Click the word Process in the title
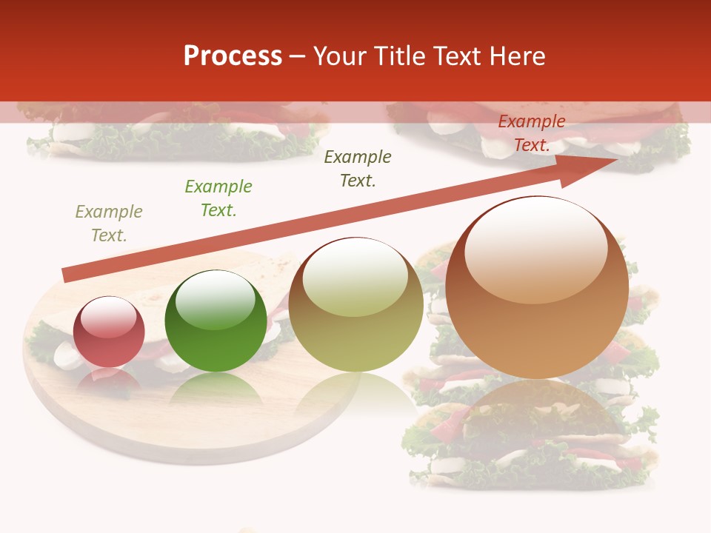[x=233, y=56]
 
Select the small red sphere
[x=109, y=332]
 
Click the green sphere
[x=216, y=321]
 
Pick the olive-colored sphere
[x=355, y=305]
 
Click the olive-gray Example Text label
[x=109, y=224]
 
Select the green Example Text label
[x=218, y=198]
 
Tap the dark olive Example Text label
[x=358, y=169]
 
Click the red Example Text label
[x=531, y=133]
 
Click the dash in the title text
[x=298, y=56]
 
